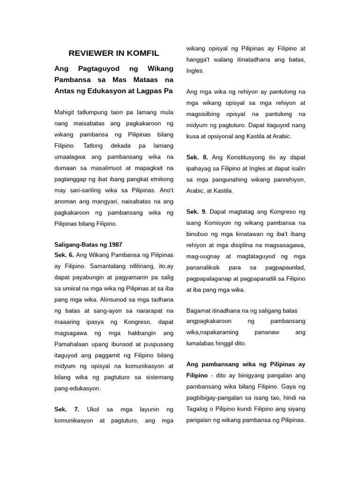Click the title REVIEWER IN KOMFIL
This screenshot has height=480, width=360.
tap(114, 53)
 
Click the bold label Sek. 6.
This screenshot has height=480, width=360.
tap(64, 255)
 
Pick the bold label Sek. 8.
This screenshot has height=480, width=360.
tap(197, 157)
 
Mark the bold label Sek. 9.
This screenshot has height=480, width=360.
tap(196, 212)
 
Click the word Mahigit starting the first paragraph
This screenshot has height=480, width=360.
tap(67, 112)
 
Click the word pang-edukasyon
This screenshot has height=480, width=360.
tap(77, 388)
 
